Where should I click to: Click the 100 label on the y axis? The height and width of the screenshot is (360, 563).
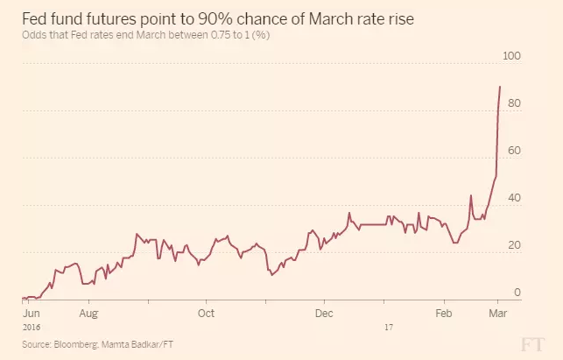510,56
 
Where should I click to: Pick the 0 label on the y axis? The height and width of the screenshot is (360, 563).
517,293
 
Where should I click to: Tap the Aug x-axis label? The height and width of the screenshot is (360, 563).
87,312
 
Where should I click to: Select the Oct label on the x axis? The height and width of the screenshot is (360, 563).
207,312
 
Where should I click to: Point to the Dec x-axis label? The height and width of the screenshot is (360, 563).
323,312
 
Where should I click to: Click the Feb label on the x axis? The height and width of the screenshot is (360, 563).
443,312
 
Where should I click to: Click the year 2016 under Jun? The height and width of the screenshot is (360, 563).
31,326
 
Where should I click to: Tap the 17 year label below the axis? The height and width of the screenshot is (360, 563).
388,326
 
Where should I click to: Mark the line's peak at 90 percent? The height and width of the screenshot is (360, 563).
499,87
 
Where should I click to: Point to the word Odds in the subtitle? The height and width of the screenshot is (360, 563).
33,35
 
